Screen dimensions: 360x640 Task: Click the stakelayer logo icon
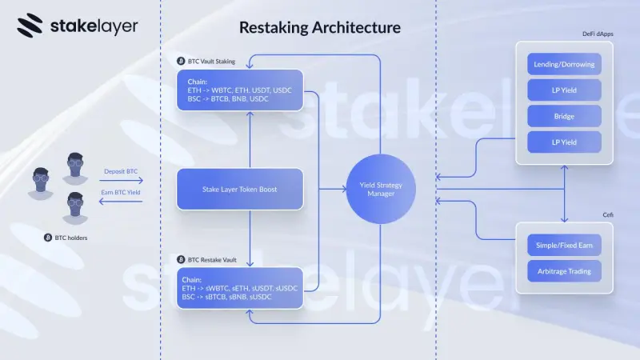point(30,26)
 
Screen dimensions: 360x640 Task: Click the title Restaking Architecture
point(320,28)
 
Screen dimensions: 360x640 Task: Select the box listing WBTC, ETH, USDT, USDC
point(240,90)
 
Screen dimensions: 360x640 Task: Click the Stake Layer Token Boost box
point(240,189)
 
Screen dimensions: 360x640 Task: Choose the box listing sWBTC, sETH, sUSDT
point(240,288)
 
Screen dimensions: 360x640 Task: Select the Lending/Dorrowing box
point(564,63)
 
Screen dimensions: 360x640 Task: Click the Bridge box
point(564,117)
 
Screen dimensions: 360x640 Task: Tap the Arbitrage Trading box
point(564,270)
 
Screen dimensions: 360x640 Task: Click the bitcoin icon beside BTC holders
point(47,238)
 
